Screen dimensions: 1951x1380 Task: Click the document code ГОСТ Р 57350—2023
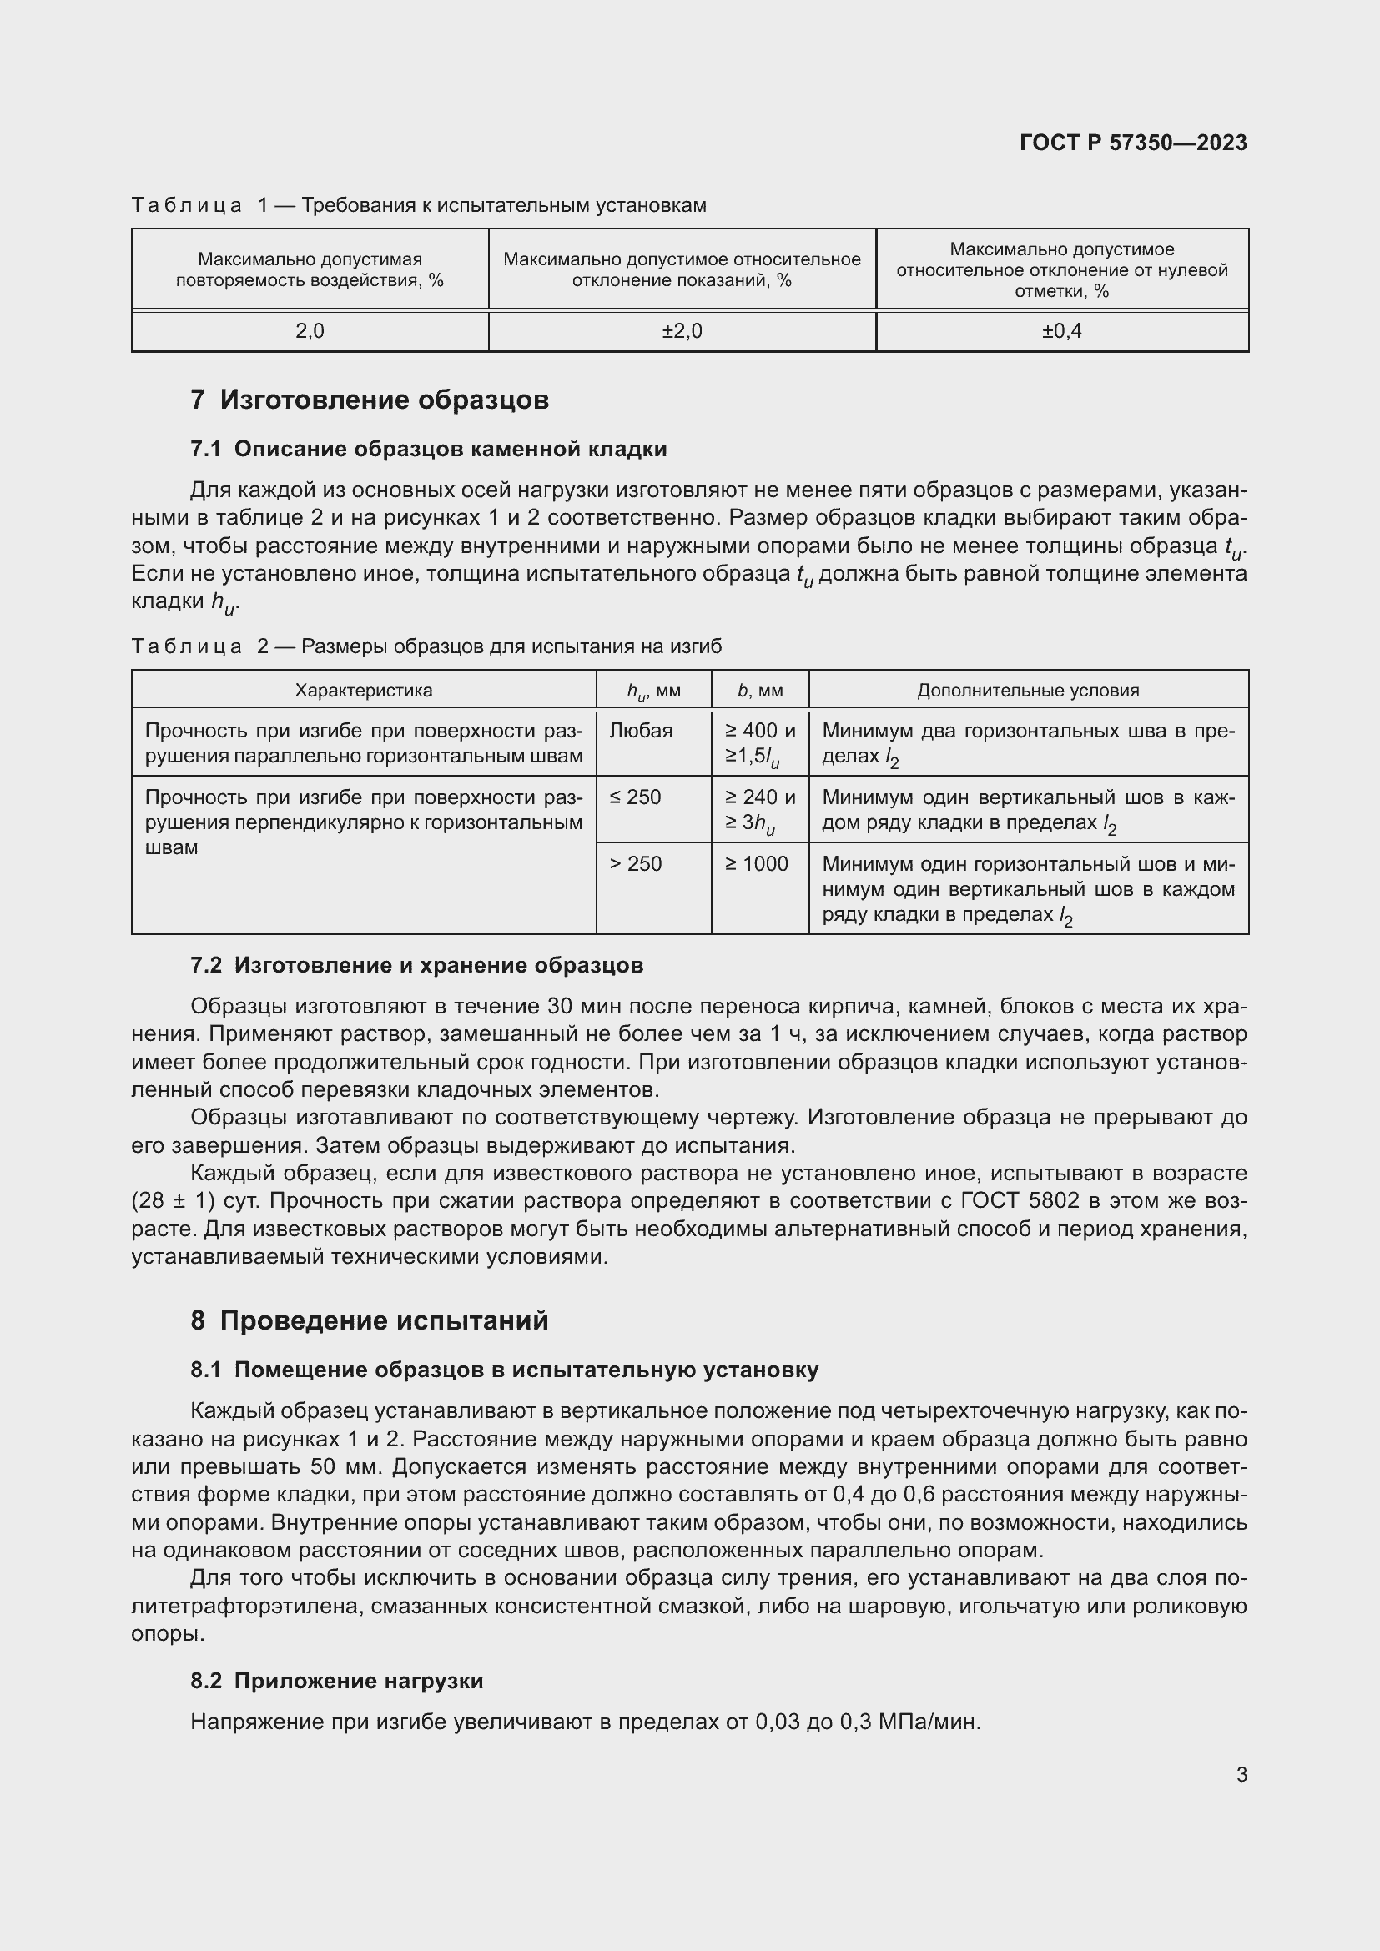click(x=1133, y=143)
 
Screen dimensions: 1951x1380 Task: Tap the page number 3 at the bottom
click(x=1241, y=1774)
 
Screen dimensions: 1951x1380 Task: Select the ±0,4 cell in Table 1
click(x=1061, y=331)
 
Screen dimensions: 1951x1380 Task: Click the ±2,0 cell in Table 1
click(x=682, y=331)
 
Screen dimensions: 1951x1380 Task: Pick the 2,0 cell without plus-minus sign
click(x=310, y=331)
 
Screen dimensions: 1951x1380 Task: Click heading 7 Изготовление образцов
click(x=370, y=400)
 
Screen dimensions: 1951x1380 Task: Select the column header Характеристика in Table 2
click(x=363, y=690)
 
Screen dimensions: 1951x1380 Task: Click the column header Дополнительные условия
click(x=1027, y=690)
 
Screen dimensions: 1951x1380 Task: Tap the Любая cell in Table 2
click(x=641, y=731)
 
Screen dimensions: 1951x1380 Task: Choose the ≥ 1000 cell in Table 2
click(x=756, y=864)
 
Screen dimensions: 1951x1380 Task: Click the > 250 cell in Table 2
click(x=635, y=864)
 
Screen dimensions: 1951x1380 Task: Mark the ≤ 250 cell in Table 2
click(x=635, y=797)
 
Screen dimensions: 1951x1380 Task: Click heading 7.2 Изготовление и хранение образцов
click(x=416, y=965)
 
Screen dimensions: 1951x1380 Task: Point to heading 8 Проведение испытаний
click(x=370, y=1320)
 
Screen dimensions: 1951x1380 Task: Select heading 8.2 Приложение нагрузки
click(x=336, y=1681)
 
